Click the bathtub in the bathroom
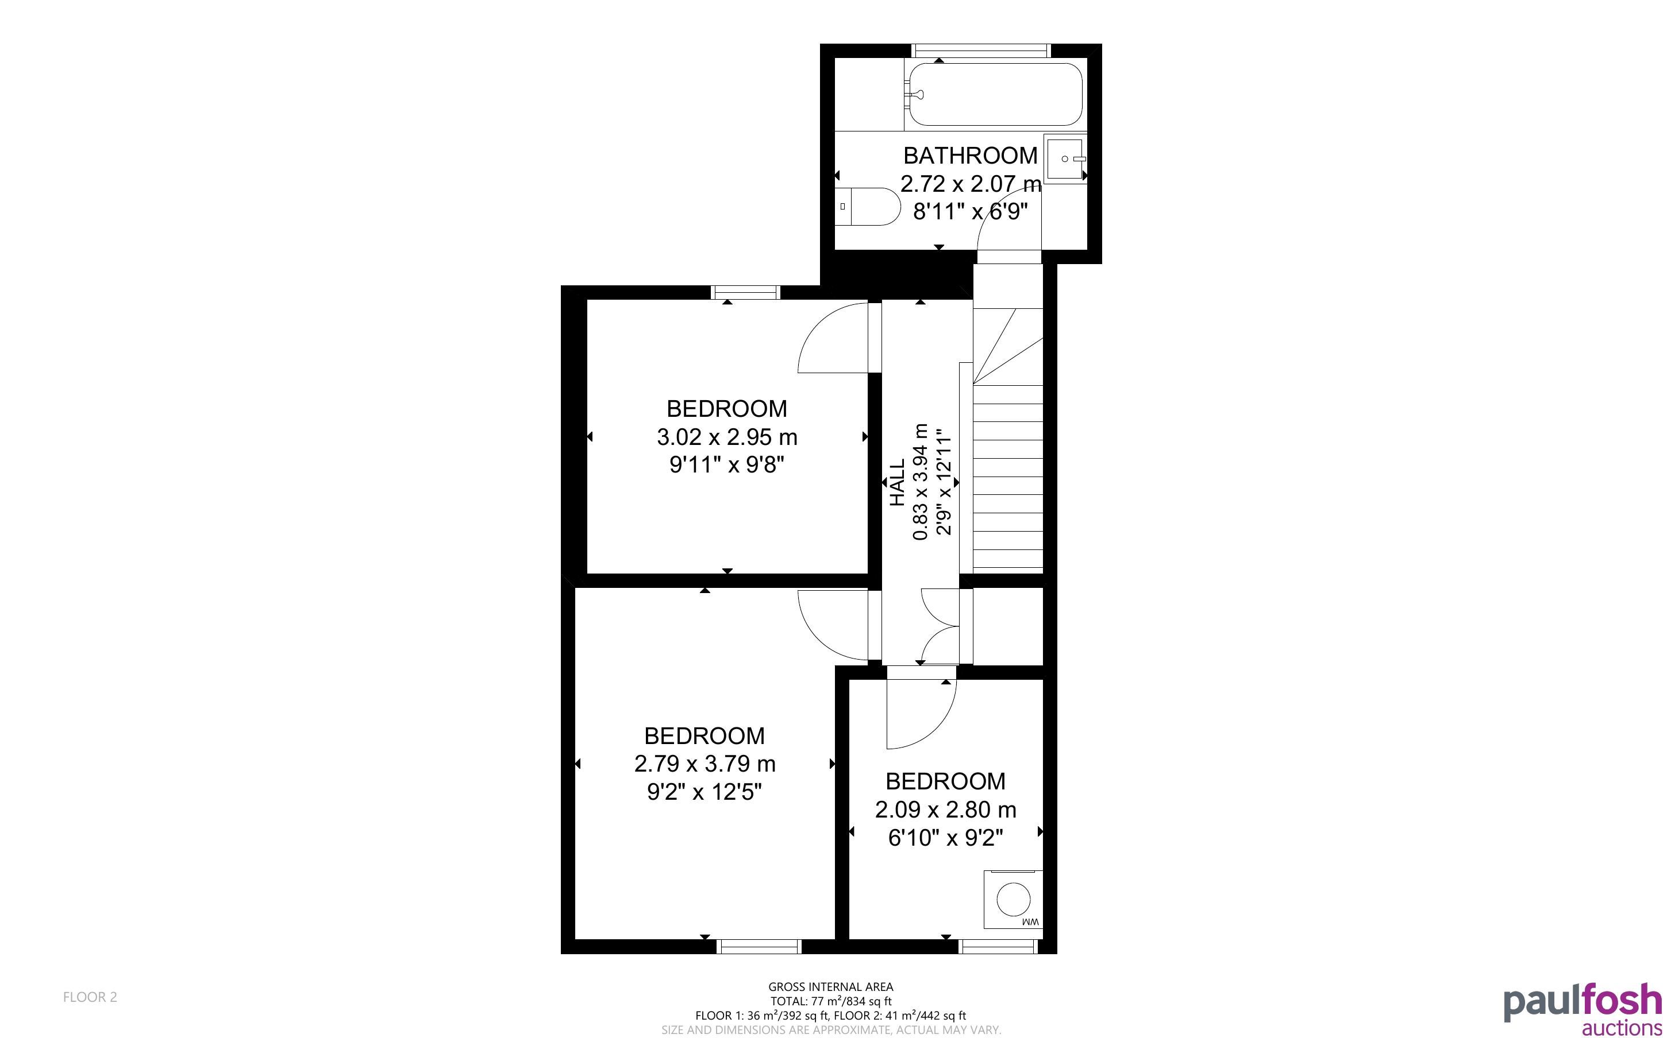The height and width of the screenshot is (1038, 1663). [994, 94]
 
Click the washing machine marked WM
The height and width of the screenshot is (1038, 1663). [1013, 899]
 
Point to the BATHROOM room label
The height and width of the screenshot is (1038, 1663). [970, 156]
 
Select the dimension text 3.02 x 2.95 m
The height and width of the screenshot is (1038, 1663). [727, 437]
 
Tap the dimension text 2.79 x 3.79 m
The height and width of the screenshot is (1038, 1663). [705, 764]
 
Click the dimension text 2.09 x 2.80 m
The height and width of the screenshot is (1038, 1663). [945, 810]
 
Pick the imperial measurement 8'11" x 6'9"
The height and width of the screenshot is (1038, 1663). [970, 211]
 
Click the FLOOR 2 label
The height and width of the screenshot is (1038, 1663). [90, 997]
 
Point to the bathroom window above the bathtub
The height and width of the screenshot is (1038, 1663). [981, 50]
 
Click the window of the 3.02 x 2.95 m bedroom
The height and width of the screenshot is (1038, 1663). [746, 292]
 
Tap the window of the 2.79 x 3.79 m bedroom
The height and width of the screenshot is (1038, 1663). [759, 947]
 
